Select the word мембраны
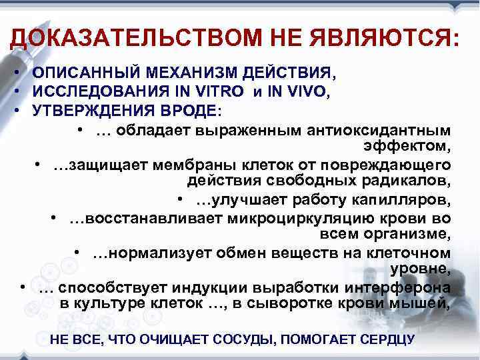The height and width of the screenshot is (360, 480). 203,165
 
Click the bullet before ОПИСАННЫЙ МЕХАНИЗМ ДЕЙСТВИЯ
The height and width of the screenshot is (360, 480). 22,71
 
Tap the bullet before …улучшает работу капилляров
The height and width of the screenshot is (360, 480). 181,199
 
